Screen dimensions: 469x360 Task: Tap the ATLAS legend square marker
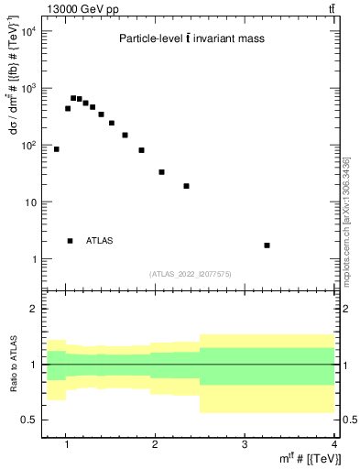[x=70, y=241]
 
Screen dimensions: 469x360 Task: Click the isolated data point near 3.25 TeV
[x=267, y=245]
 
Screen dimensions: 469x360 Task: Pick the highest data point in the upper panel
[x=73, y=98]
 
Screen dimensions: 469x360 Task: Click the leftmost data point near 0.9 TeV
[x=57, y=148]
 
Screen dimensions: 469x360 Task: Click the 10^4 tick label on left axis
[x=28, y=31]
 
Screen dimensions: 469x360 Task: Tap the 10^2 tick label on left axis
[x=28, y=145]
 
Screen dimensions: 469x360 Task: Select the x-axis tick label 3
[x=245, y=446]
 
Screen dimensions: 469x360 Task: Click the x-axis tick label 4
[x=333, y=446]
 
